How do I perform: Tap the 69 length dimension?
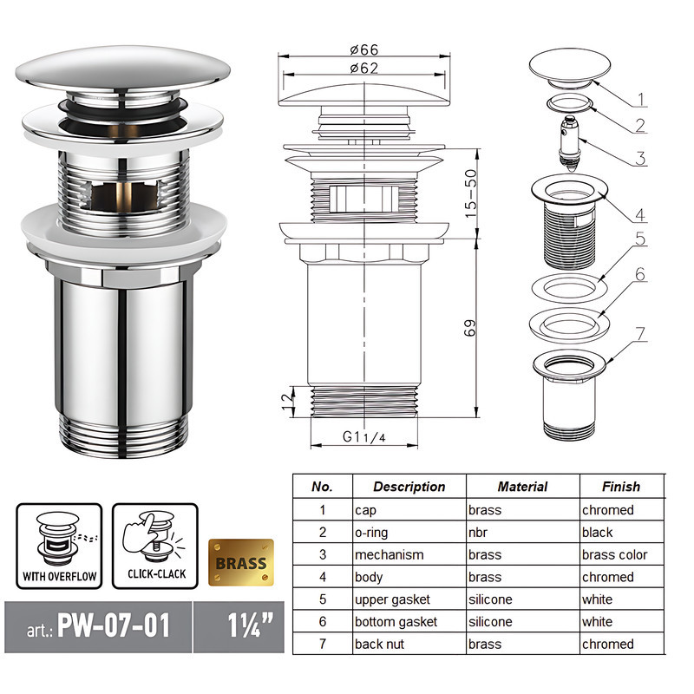tap(470, 329)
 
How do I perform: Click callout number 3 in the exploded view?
tap(640, 159)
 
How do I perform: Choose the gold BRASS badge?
tap(240, 562)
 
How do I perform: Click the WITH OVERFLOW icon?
tap(59, 545)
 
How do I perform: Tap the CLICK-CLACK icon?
tap(154, 545)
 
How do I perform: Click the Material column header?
tap(522, 487)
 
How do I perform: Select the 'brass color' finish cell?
tap(614, 554)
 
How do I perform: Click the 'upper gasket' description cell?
tap(392, 599)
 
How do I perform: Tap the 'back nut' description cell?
tap(382, 644)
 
